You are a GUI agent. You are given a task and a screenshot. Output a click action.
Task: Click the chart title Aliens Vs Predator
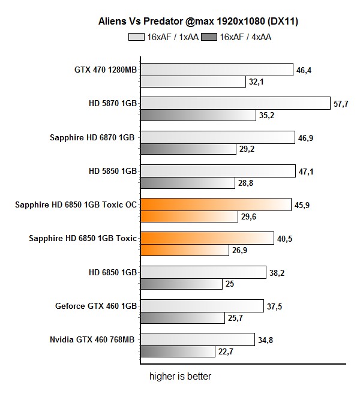pos(199,22)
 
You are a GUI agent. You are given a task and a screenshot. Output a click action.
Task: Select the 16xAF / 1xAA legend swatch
pos(136,37)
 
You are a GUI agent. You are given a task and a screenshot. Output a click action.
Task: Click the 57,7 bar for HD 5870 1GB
pos(235,104)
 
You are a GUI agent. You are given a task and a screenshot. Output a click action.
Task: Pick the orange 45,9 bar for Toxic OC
pos(215,205)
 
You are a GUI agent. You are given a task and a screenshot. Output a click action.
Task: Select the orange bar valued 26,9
pos(185,250)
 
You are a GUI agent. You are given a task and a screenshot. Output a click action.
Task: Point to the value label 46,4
pos(304,70)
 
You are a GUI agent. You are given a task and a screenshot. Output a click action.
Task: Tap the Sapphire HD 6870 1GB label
pos(94,137)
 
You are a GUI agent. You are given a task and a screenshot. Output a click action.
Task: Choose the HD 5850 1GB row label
pos(113,171)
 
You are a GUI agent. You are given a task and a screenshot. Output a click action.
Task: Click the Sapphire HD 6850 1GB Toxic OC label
pos(76,205)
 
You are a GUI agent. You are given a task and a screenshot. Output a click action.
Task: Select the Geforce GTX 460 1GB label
pos(96,306)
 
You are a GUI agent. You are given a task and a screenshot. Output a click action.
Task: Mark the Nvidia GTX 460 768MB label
pos(92,340)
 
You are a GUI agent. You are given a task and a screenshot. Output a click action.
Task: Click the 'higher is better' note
pos(180,377)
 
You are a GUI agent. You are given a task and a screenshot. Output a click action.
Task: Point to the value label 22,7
pos(226,351)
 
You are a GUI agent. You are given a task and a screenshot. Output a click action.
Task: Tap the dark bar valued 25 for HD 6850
pos(181,284)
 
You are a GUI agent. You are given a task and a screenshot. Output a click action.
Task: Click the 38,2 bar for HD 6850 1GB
pos(203,272)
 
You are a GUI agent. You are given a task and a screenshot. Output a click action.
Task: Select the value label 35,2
pos(267,115)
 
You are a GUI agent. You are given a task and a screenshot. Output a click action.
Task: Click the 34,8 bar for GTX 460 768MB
pos(197,340)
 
